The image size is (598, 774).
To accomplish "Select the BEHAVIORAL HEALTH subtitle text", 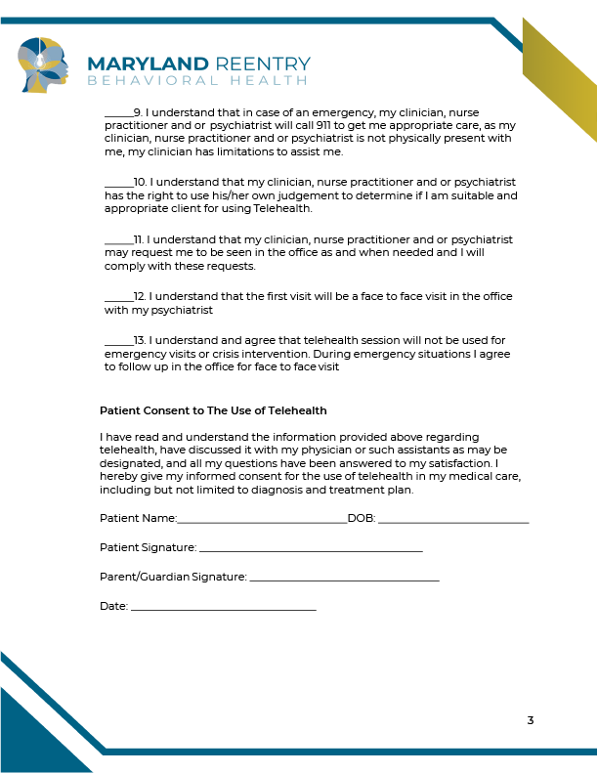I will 198,80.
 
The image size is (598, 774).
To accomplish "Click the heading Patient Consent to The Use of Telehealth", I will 213,410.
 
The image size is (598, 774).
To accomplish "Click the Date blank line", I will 223,609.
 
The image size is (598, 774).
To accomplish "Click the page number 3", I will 531,721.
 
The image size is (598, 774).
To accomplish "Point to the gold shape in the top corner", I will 562,83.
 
